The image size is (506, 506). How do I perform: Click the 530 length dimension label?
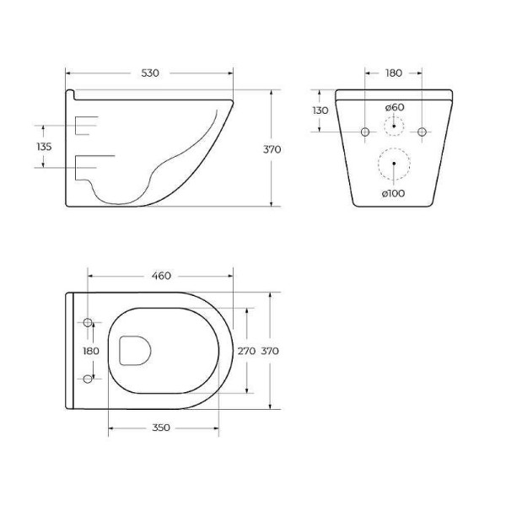click(149, 73)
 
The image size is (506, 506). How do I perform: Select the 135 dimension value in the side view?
click(44, 147)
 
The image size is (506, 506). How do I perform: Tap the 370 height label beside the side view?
click(272, 149)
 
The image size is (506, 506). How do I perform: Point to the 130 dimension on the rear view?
click(320, 111)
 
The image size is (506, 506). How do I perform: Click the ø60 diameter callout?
click(394, 107)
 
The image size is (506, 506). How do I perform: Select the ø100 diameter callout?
click(393, 193)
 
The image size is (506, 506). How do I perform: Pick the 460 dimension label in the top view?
click(161, 276)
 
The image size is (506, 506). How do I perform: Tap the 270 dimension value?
click(245, 351)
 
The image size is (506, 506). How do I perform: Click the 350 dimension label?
click(162, 428)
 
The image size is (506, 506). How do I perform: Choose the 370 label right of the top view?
click(270, 351)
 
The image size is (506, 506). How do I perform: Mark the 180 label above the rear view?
click(393, 73)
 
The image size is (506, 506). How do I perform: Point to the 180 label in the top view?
click(90, 351)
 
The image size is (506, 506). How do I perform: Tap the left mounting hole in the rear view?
click(365, 132)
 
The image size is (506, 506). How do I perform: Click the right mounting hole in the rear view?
click(423, 132)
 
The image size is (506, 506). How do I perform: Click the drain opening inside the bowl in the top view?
click(135, 350)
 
